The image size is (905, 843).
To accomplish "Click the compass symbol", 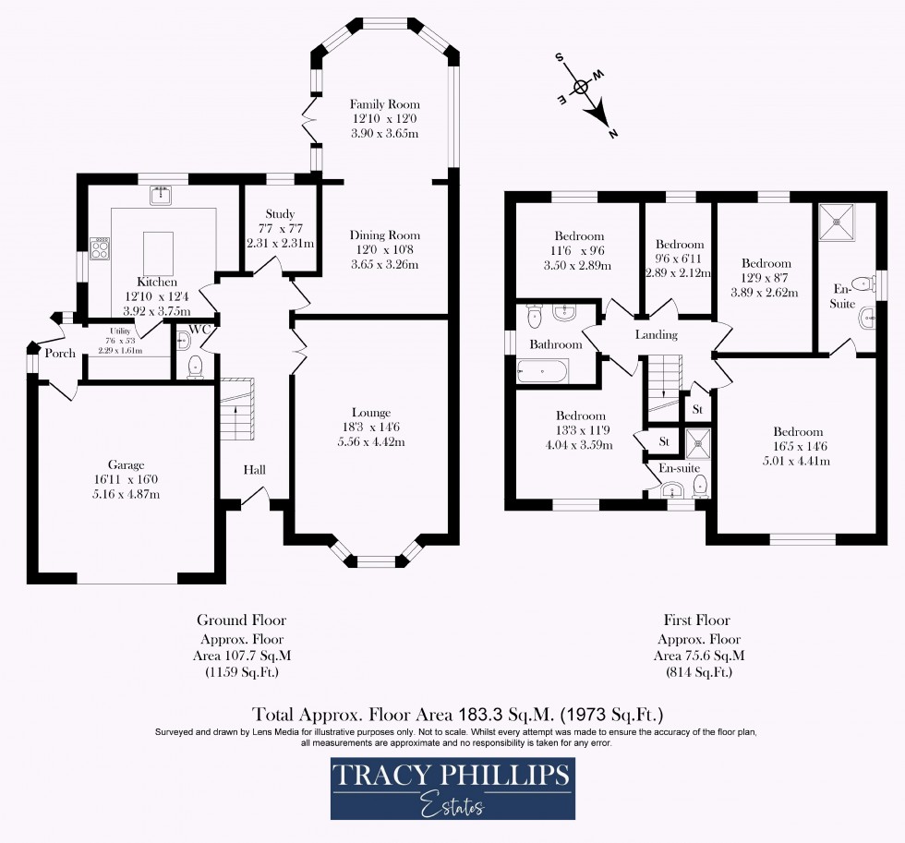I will [x=583, y=88].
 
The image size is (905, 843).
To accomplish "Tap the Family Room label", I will [x=384, y=104].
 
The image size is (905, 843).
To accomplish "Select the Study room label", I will [x=280, y=213].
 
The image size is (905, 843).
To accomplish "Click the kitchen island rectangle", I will [x=159, y=251].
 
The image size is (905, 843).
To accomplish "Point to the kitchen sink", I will [x=163, y=195].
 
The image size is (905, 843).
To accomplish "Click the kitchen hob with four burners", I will [x=100, y=248].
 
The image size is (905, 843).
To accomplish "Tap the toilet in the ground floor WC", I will [x=195, y=367].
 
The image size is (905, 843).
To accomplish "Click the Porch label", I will [x=61, y=353].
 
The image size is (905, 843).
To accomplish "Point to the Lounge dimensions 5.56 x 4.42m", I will [x=371, y=442].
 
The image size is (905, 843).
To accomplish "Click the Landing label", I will [x=656, y=334].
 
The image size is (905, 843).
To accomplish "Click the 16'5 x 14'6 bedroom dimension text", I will [x=798, y=447].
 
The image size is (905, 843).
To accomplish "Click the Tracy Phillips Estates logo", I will [x=452, y=788].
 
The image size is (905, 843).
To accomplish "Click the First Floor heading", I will [x=696, y=620].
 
